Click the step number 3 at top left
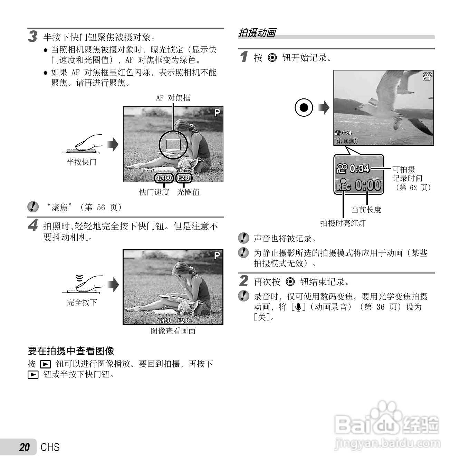[32, 36]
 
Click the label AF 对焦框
[173, 98]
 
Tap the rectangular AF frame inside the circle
[173, 144]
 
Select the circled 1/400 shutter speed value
[164, 178]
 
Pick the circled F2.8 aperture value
[183, 178]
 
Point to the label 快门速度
[154, 192]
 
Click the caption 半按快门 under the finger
[81, 162]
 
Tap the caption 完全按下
[82, 302]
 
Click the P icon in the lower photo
[217, 256]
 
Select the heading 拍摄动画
[257, 33]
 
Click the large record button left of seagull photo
[304, 107]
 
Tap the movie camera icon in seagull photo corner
[427, 76]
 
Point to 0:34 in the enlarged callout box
[359, 169]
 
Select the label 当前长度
[366, 210]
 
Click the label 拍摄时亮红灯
[343, 223]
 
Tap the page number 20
[25, 447]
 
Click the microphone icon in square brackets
[298, 307]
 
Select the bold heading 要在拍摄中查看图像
[71, 351]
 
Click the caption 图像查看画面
[173, 331]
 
